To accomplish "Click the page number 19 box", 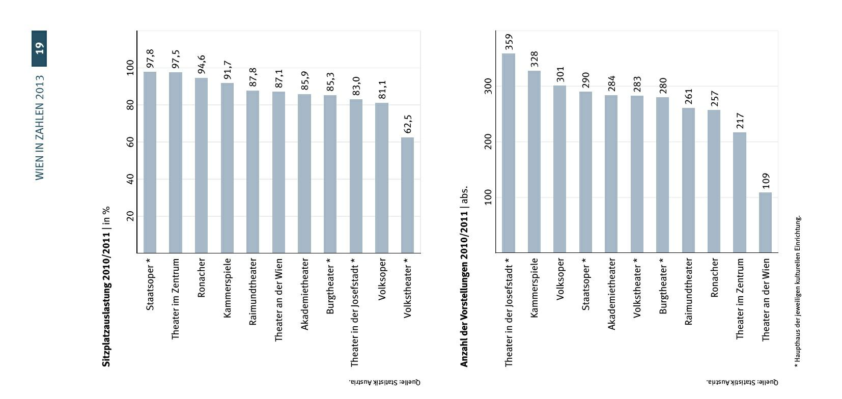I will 39,48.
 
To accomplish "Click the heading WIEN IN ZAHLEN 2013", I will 40,128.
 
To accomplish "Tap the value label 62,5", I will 408,124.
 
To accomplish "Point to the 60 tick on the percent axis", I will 130,142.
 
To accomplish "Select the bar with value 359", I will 509,153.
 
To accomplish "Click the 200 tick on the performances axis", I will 488,142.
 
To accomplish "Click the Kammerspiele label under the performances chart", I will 534,288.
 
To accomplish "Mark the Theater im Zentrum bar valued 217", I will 740,192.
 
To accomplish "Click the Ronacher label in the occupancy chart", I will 201,277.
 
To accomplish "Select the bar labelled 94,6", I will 201,165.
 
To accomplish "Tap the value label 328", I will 534,59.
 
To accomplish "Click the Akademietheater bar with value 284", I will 611,174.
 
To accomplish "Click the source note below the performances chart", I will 742,382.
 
